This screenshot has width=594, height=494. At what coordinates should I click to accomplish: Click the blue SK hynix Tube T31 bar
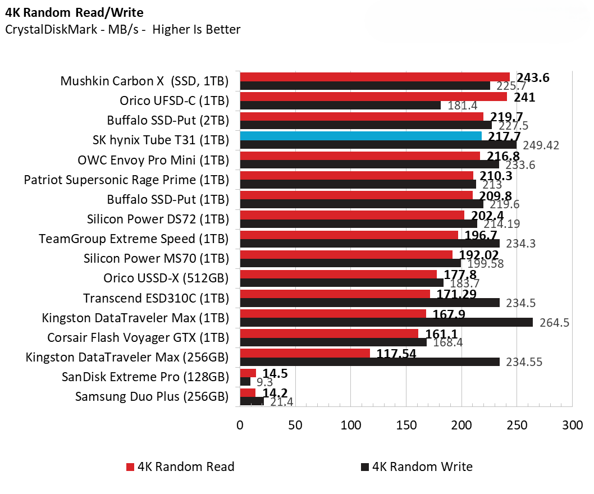pyautogui.click(x=360, y=136)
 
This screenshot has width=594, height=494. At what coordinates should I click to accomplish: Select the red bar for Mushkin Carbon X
pyautogui.click(x=374, y=77)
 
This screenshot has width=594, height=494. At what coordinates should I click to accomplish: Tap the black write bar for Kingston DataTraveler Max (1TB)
pyautogui.click(x=386, y=322)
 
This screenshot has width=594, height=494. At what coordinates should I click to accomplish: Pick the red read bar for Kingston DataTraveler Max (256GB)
pyautogui.click(x=305, y=353)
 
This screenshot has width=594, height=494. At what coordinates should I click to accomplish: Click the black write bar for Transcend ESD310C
pyautogui.click(x=369, y=303)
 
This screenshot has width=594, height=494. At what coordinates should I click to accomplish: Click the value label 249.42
pyautogui.click(x=541, y=146)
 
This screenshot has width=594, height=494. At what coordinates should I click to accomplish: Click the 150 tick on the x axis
pyautogui.click(x=406, y=426)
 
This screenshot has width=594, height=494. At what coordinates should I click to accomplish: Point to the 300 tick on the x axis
pyautogui.click(x=572, y=426)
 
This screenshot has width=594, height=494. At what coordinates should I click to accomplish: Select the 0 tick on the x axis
pyautogui.click(x=240, y=426)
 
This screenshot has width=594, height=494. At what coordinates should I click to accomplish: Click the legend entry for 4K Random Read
pyautogui.click(x=180, y=466)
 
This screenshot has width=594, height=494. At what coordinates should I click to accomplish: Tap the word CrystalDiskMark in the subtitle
pyautogui.click(x=43, y=30)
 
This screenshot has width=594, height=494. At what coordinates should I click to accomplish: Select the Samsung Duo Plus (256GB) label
pyautogui.click(x=152, y=396)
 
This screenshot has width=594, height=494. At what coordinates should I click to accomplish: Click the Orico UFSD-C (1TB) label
pyautogui.click(x=174, y=101)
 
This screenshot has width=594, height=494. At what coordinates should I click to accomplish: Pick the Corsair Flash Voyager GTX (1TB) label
pyautogui.click(x=138, y=337)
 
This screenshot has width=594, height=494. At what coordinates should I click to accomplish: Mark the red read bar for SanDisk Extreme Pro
pyautogui.click(x=248, y=373)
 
